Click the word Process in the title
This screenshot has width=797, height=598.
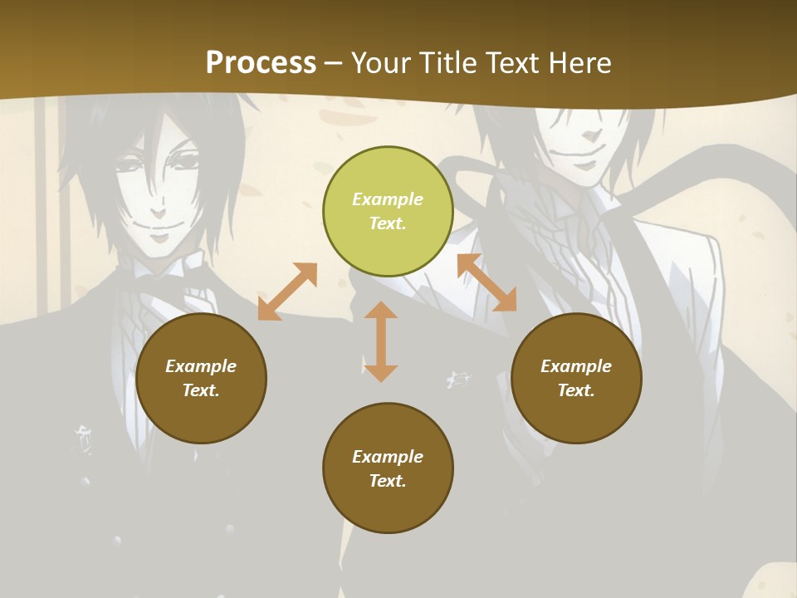(x=261, y=63)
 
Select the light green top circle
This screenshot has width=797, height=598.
(x=388, y=212)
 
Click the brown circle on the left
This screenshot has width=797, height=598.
(x=201, y=378)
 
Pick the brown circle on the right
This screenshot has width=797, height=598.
(x=576, y=378)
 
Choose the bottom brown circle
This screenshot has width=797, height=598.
(x=388, y=468)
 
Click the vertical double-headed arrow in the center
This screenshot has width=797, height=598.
(x=381, y=341)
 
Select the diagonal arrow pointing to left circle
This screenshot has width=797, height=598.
(x=287, y=292)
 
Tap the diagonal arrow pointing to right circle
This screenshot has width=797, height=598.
(x=487, y=282)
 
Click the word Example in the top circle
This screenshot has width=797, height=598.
(x=388, y=199)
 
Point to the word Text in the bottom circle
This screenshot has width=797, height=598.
(x=387, y=481)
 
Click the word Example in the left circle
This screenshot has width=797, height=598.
(x=201, y=366)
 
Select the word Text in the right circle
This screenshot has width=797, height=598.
(x=575, y=390)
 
